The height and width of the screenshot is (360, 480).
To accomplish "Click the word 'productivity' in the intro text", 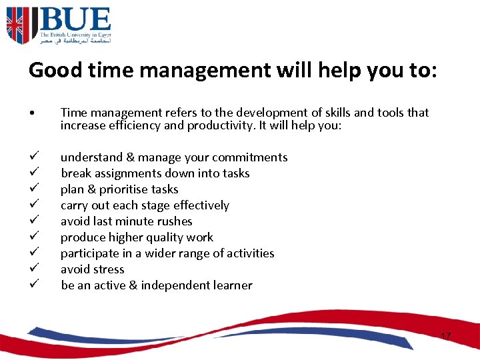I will pos(221,125).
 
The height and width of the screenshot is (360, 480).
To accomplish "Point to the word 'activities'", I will pos(247,253).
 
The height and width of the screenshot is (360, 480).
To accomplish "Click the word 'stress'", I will pos(109,269).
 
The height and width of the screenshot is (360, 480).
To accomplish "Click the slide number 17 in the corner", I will pos(445,336).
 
